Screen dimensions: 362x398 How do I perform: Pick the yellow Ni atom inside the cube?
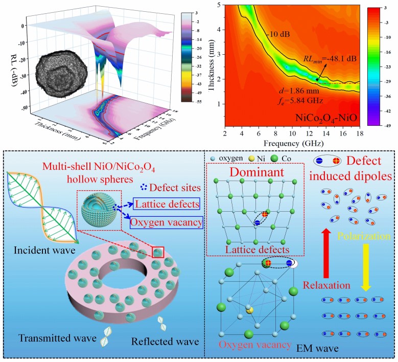(x=249, y=310)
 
